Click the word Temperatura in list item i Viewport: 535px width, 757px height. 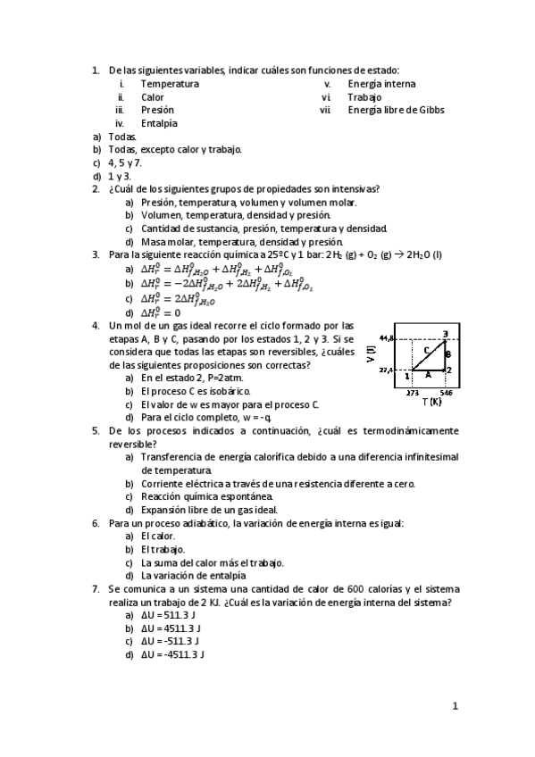click(170, 84)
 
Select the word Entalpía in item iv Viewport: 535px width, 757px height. click(159, 123)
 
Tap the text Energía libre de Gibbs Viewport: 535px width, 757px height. click(396, 111)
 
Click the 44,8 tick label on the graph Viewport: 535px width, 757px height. click(386, 338)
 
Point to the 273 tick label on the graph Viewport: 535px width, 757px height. click(412, 393)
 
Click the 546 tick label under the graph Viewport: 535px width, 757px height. click(446, 393)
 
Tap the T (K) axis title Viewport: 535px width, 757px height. click(431, 402)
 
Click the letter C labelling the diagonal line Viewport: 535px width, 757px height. click(427, 350)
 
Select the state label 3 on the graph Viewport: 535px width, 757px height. click(445, 334)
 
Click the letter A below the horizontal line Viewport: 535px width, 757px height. click(428, 375)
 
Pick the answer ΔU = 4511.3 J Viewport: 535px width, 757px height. click(171, 628)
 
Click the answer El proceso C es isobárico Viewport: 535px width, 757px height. click(196, 391)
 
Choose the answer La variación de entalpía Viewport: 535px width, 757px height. click(197, 576)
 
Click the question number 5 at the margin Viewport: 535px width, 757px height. click(96, 430)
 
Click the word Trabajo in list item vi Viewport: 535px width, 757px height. click(364, 97)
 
